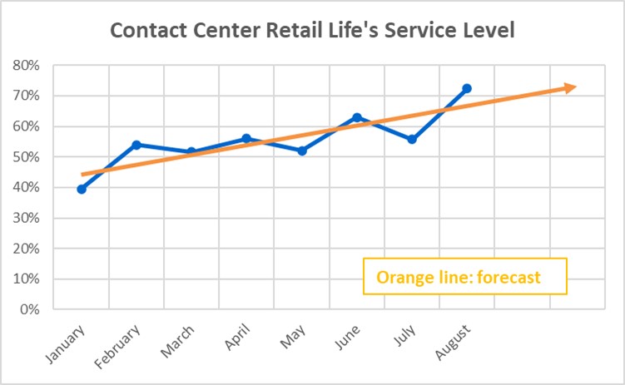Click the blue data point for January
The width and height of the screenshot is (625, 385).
82,189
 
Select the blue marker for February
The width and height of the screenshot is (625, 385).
136,145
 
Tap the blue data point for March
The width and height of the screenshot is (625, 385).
191,152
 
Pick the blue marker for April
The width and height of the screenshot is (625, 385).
246,138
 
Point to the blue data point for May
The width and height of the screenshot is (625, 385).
302,151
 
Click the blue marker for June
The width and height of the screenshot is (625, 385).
357,117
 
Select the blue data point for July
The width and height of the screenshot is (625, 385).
412,139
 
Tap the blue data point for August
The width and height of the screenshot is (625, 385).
467,88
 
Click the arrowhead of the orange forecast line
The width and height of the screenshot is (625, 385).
570,87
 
